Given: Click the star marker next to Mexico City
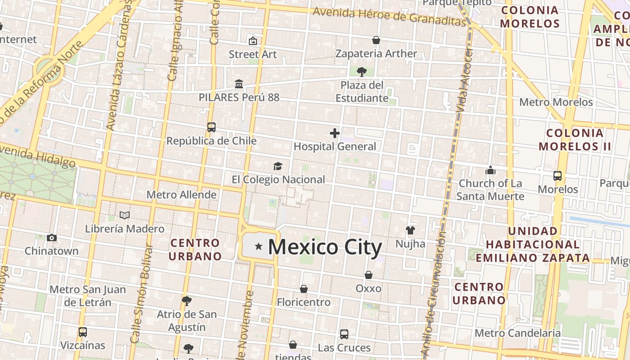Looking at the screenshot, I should tap(258, 246).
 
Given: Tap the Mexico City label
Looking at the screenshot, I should tap(325, 247).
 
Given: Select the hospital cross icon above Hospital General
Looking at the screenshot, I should tap(334, 133).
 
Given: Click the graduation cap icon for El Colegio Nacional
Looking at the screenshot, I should tap(278, 166).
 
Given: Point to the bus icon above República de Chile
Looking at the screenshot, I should tap(211, 127).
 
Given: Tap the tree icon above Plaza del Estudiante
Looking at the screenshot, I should tap(361, 72).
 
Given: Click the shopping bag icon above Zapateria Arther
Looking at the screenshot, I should tap(376, 40).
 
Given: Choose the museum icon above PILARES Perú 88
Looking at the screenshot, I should tap(239, 84).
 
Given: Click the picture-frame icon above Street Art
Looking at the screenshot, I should tap(253, 41).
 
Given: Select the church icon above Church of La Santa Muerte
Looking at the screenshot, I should tap(490, 170).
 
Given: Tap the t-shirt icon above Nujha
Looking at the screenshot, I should tap(410, 230).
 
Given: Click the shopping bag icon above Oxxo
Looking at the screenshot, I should tap(368, 274).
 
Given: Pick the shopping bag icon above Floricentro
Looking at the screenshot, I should tap(304, 288).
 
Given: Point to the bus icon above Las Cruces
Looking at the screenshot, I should tap(344, 334).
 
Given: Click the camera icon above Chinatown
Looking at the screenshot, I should tap(52, 238).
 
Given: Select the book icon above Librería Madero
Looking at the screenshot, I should tap(125, 216).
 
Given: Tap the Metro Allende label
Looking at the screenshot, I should tap(182, 195).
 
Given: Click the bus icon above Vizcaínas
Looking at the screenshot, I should tap(83, 332).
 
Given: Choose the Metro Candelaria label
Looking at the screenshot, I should tap(517, 333).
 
